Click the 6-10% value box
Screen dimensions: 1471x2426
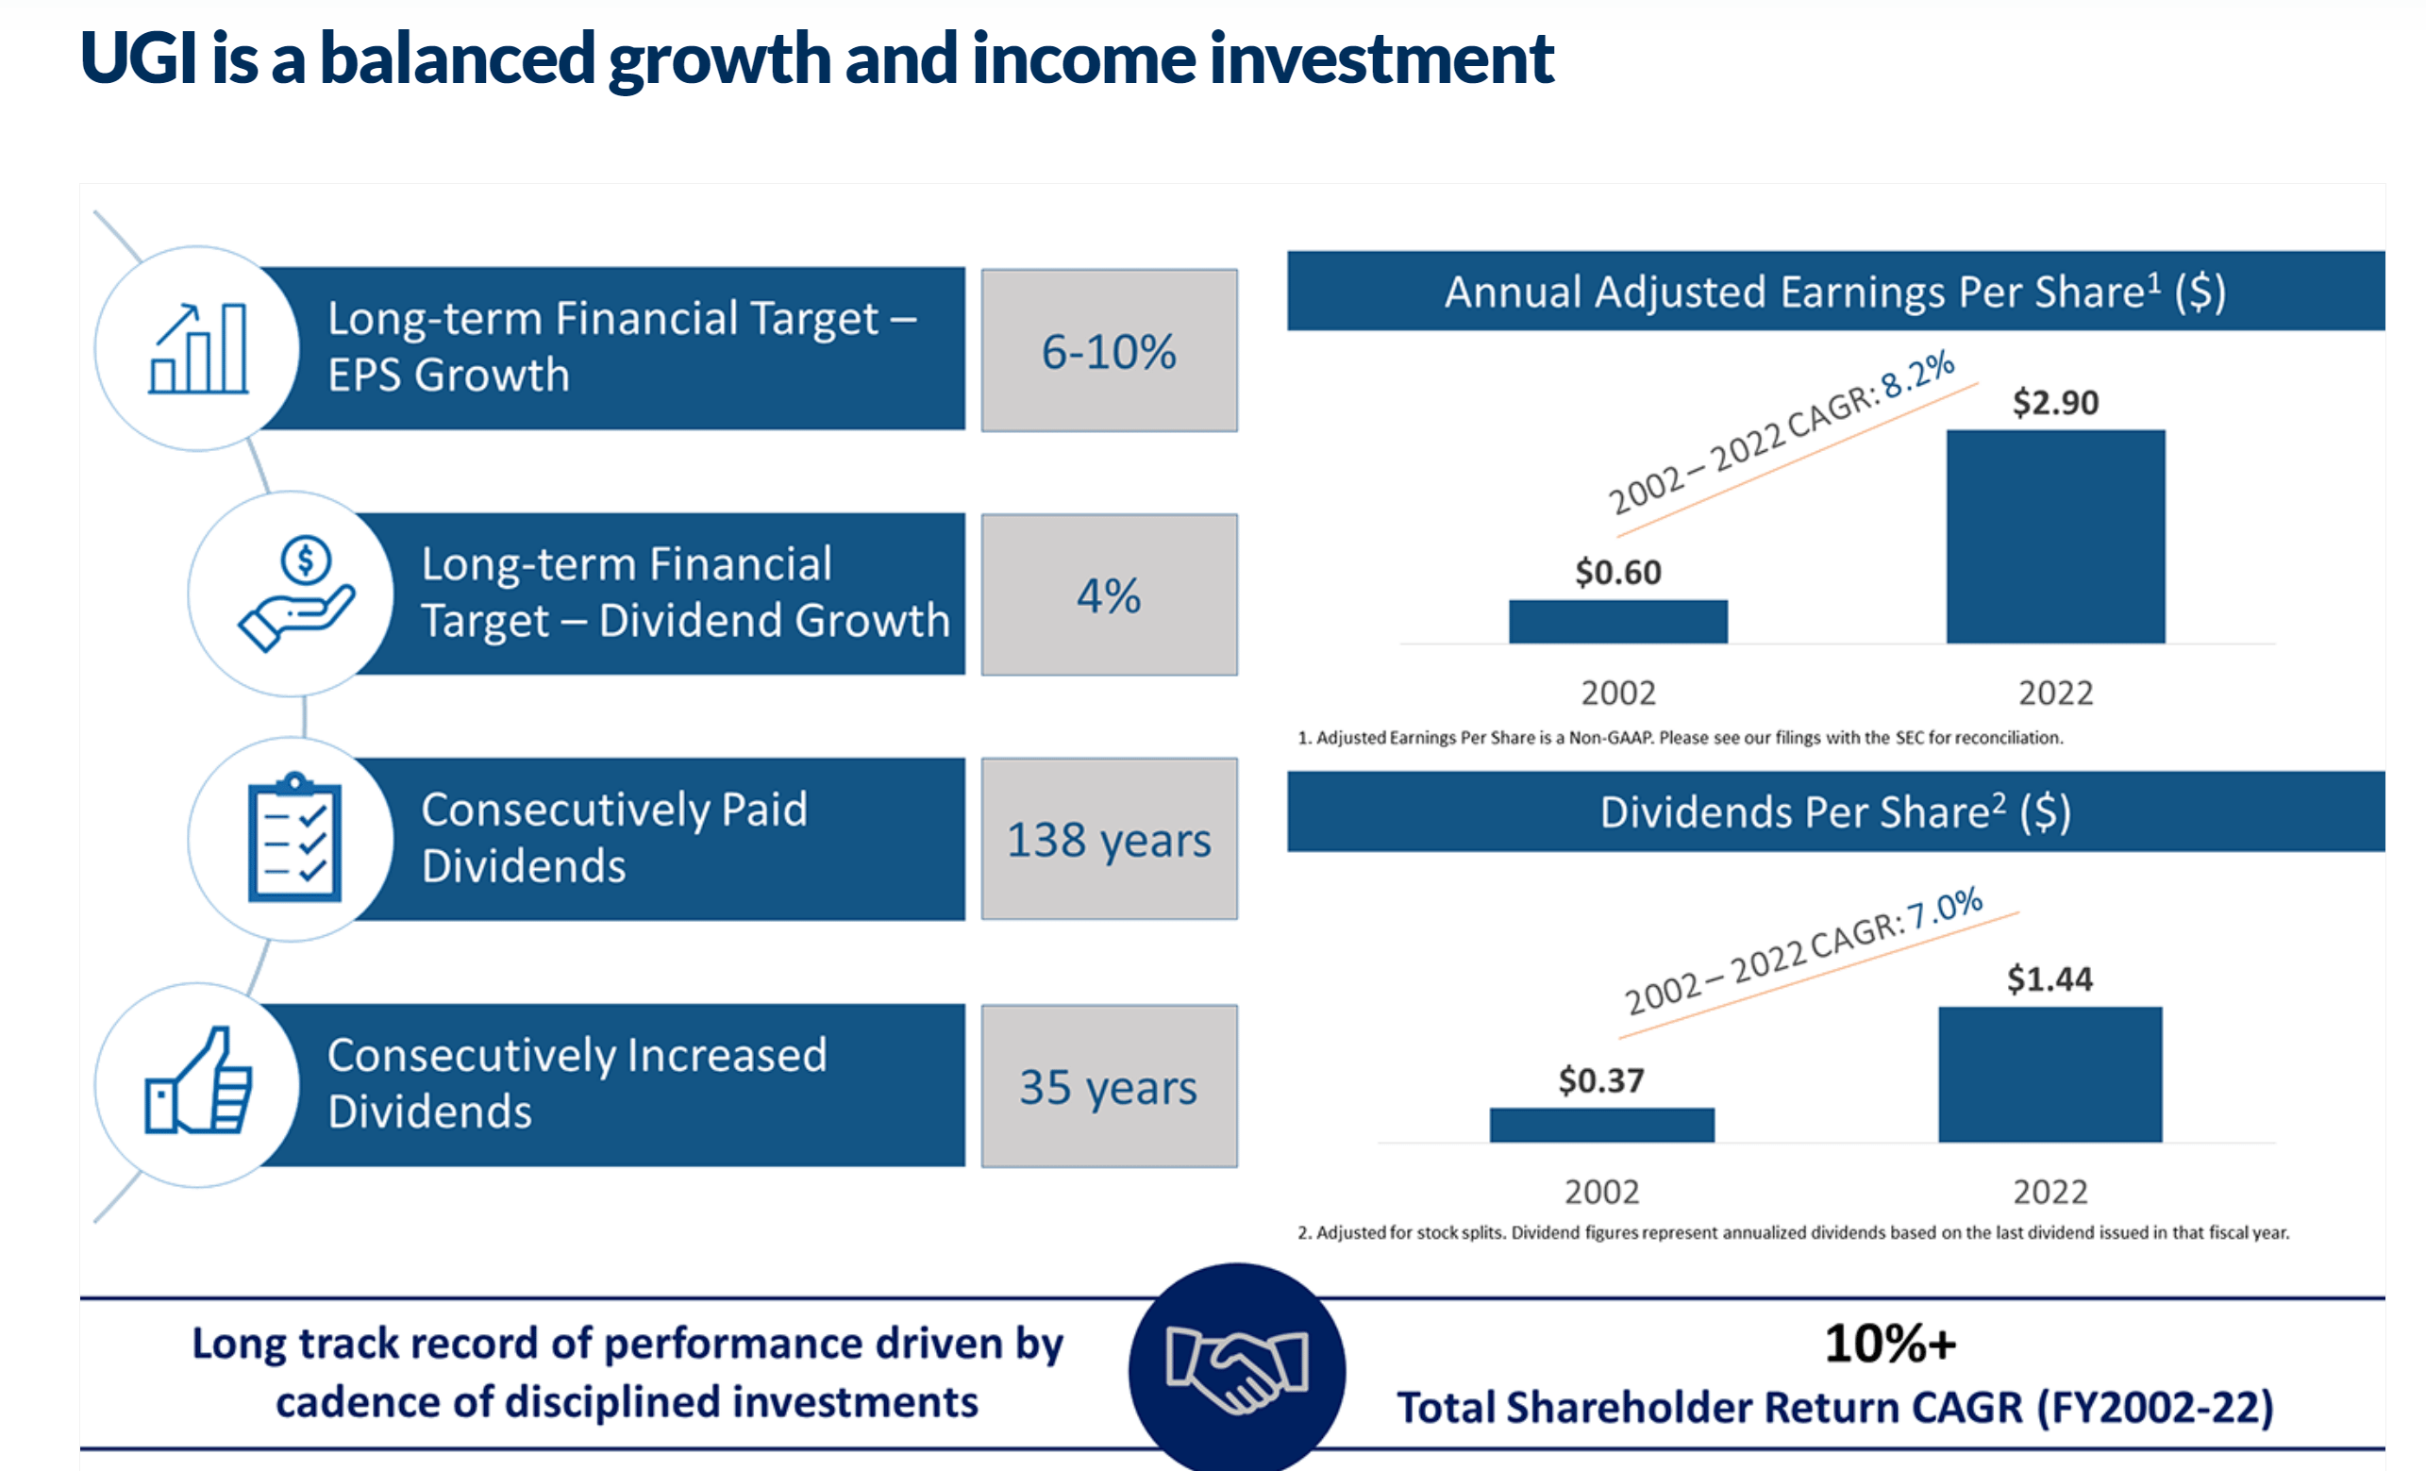[x=1109, y=350]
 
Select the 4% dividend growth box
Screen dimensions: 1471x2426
[x=1109, y=594]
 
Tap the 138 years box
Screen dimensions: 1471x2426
[x=1109, y=839]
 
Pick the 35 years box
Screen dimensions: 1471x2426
[x=1109, y=1086]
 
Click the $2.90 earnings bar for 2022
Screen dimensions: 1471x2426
[x=2055, y=537]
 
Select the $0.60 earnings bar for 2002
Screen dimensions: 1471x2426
[x=1617, y=621]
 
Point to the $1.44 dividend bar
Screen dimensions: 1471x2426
[x=2050, y=1074]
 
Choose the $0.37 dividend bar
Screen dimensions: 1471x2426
[x=1602, y=1125]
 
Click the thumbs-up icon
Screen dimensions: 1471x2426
[x=199, y=1083]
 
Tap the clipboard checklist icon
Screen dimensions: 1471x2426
[x=293, y=839]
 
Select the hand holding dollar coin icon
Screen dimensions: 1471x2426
[x=295, y=593]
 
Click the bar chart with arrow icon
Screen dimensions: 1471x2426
[x=199, y=348]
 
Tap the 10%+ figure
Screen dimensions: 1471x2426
[x=1889, y=1343]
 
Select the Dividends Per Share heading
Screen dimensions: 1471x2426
[x=1834, y=812]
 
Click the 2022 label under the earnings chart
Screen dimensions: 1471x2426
[x=2055, y=694]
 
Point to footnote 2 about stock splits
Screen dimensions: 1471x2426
[x=1792, y=1232]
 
